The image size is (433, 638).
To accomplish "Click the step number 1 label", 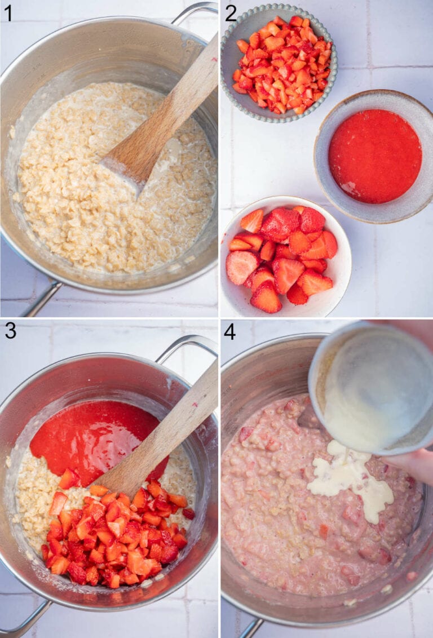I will coord(7,12).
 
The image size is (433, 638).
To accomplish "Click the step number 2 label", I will coord(231,12).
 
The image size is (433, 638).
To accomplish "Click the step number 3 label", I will coord(10,331).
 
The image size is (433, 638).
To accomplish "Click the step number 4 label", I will coord(230,331).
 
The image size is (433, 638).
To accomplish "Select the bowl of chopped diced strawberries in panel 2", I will coord(279,65).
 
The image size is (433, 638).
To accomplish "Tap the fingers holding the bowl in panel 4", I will coord(414,465).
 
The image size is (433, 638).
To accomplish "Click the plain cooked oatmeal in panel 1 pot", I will coord(85,209).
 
